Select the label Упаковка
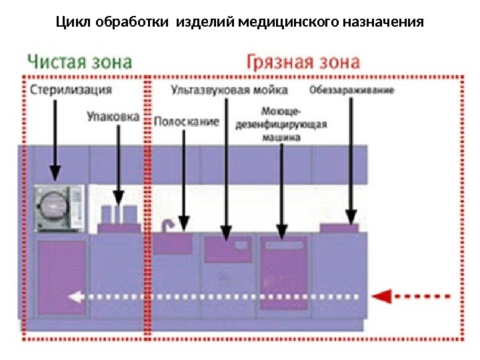(113, 116)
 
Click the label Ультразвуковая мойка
(229, 89)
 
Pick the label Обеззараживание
(351, 89)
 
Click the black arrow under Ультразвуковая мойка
(227, 167)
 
